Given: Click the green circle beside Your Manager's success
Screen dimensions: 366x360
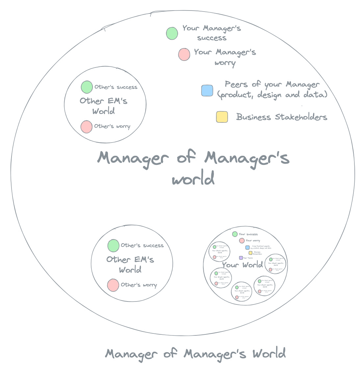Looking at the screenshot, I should [172, 33].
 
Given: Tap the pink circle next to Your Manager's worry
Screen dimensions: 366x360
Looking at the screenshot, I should [184, 54].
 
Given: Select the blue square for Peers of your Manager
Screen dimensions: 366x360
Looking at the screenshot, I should [207, 91].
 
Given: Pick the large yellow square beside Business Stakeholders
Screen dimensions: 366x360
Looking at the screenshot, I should [222, 117].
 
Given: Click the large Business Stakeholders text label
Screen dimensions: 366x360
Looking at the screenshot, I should [282, 117].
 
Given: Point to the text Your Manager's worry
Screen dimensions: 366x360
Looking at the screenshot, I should [225, 57].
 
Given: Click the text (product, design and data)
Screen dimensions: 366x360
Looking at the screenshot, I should [272, 95].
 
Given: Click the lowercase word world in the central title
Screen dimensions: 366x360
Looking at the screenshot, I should [193, 179].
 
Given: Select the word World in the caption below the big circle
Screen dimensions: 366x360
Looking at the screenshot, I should [269, 354].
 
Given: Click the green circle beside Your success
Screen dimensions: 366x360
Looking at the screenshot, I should [235, 234].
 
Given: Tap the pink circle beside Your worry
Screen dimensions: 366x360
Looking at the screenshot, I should [242, 241].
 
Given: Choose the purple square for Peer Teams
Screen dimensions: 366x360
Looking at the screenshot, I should [241, 258].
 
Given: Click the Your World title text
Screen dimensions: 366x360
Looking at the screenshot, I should [242, 265].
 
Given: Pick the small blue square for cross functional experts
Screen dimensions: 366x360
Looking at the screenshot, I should [247, 247].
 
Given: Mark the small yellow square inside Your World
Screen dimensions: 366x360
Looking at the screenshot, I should [250, 253].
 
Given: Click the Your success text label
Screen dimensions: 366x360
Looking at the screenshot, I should [248, 234].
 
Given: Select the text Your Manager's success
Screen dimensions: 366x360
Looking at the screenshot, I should [212, 33].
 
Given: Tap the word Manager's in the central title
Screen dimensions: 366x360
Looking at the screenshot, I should [247, 158].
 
